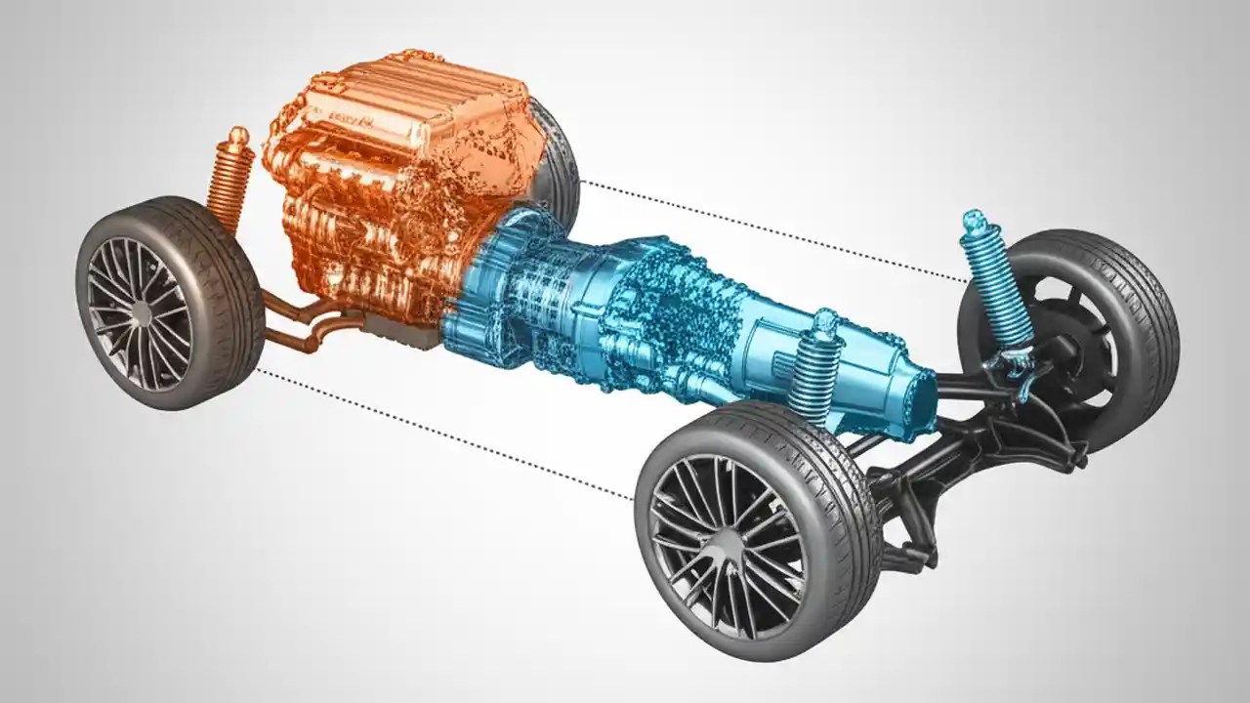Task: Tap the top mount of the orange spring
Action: [237, 137]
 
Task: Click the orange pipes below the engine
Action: [303, 327]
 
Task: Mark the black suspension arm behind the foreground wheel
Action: [937, 469]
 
